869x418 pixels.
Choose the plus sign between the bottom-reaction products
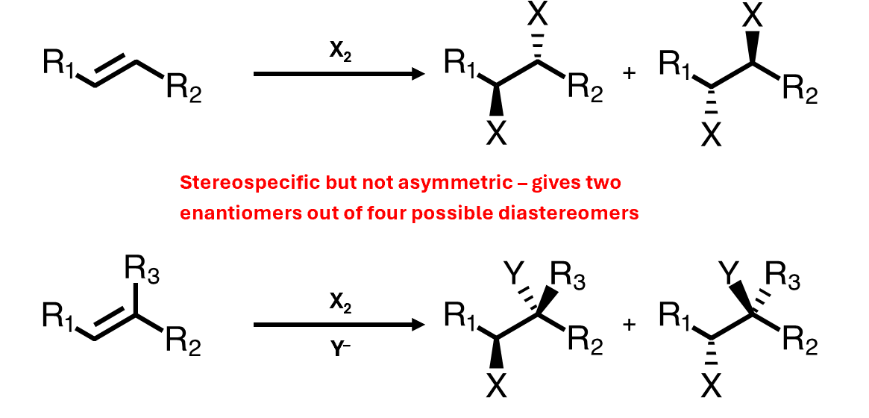(x=627, y=325)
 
